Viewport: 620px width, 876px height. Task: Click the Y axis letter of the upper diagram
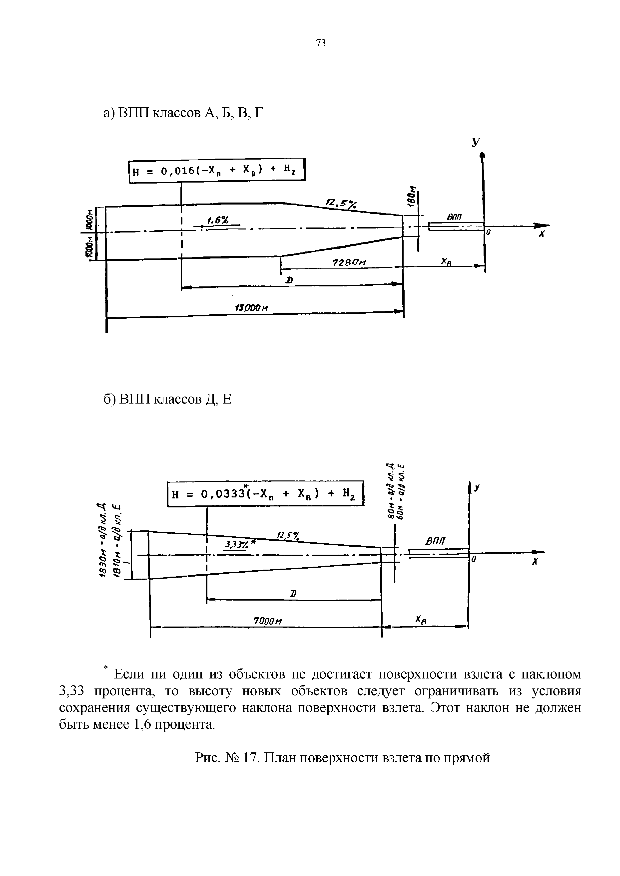[x=475, y=142]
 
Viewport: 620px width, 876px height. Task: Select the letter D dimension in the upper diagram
[x=290, y=280]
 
